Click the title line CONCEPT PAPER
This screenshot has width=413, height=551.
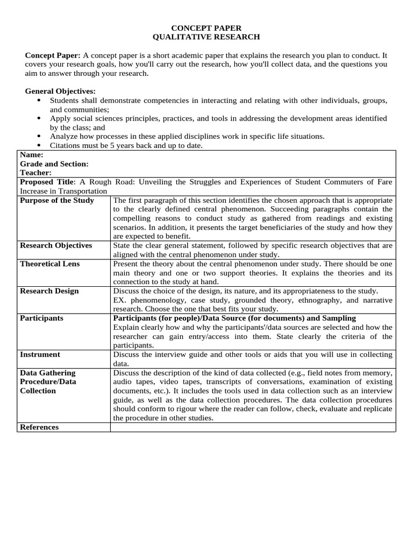tap(206, 27)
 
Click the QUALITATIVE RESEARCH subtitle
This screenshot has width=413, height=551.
tap(206, 37)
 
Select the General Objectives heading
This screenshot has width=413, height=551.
tap(60, 91)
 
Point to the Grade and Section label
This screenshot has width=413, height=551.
tap(54, 164)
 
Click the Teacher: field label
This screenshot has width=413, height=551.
tap(36, 173)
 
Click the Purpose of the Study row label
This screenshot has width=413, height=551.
tap(57, 200)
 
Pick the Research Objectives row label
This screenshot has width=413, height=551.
tap(56, 245)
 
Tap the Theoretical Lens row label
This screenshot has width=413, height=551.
tap(49, 264)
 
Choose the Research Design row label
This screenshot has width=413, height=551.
tap(49, 291)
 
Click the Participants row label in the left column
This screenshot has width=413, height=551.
tap(41, 318)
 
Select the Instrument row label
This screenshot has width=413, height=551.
tap(40, 355)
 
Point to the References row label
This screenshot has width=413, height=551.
tap(39, 427)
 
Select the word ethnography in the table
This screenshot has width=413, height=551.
tap(321, 300)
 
